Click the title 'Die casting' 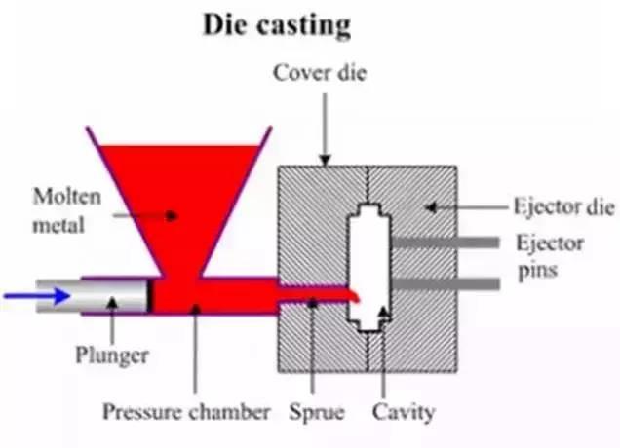click(x=275, y=25)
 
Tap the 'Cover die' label click(x=320, y=74)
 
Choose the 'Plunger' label click(x=113, y=355)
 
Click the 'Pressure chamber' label click(x=186, y=411)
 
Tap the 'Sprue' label click(x=317, y=411)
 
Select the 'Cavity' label click(x=403, y=411)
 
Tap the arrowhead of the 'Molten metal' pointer click(x=174, y=214)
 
